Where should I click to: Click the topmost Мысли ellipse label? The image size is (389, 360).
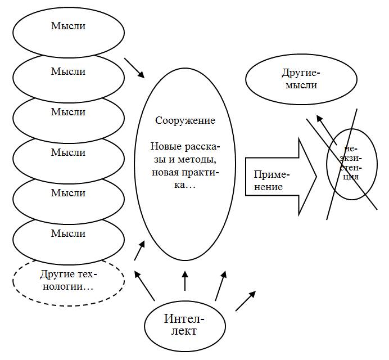68,26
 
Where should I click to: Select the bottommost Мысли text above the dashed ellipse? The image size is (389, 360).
68,233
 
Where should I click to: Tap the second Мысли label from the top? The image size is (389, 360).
68,71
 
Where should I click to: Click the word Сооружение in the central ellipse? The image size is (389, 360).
185,120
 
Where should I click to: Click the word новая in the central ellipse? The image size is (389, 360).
165,172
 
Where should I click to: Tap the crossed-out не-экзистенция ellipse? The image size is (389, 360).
352,164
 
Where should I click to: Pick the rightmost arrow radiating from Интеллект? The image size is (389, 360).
245,301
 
